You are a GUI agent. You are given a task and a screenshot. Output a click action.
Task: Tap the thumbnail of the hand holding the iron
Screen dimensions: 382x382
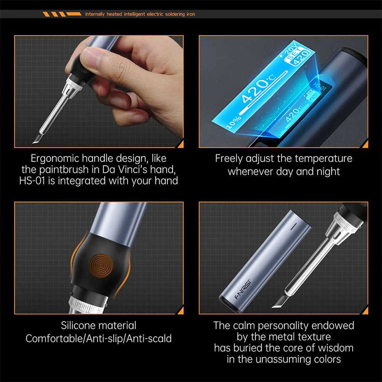coord(99,92)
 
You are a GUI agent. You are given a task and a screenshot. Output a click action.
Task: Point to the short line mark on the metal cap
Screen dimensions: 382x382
coord(294,227)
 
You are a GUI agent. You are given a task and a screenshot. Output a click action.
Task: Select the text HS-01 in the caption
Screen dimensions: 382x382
coord(32,180)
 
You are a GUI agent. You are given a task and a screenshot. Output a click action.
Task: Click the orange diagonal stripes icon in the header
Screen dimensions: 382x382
coord(62,14)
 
